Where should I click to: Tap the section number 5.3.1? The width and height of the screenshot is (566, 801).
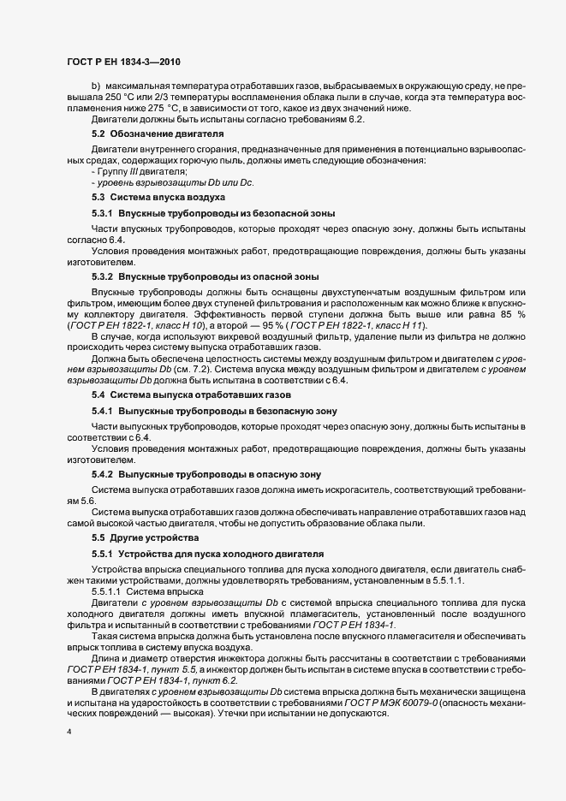[104, 213]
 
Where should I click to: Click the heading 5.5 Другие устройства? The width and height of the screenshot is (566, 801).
[145, 537]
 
